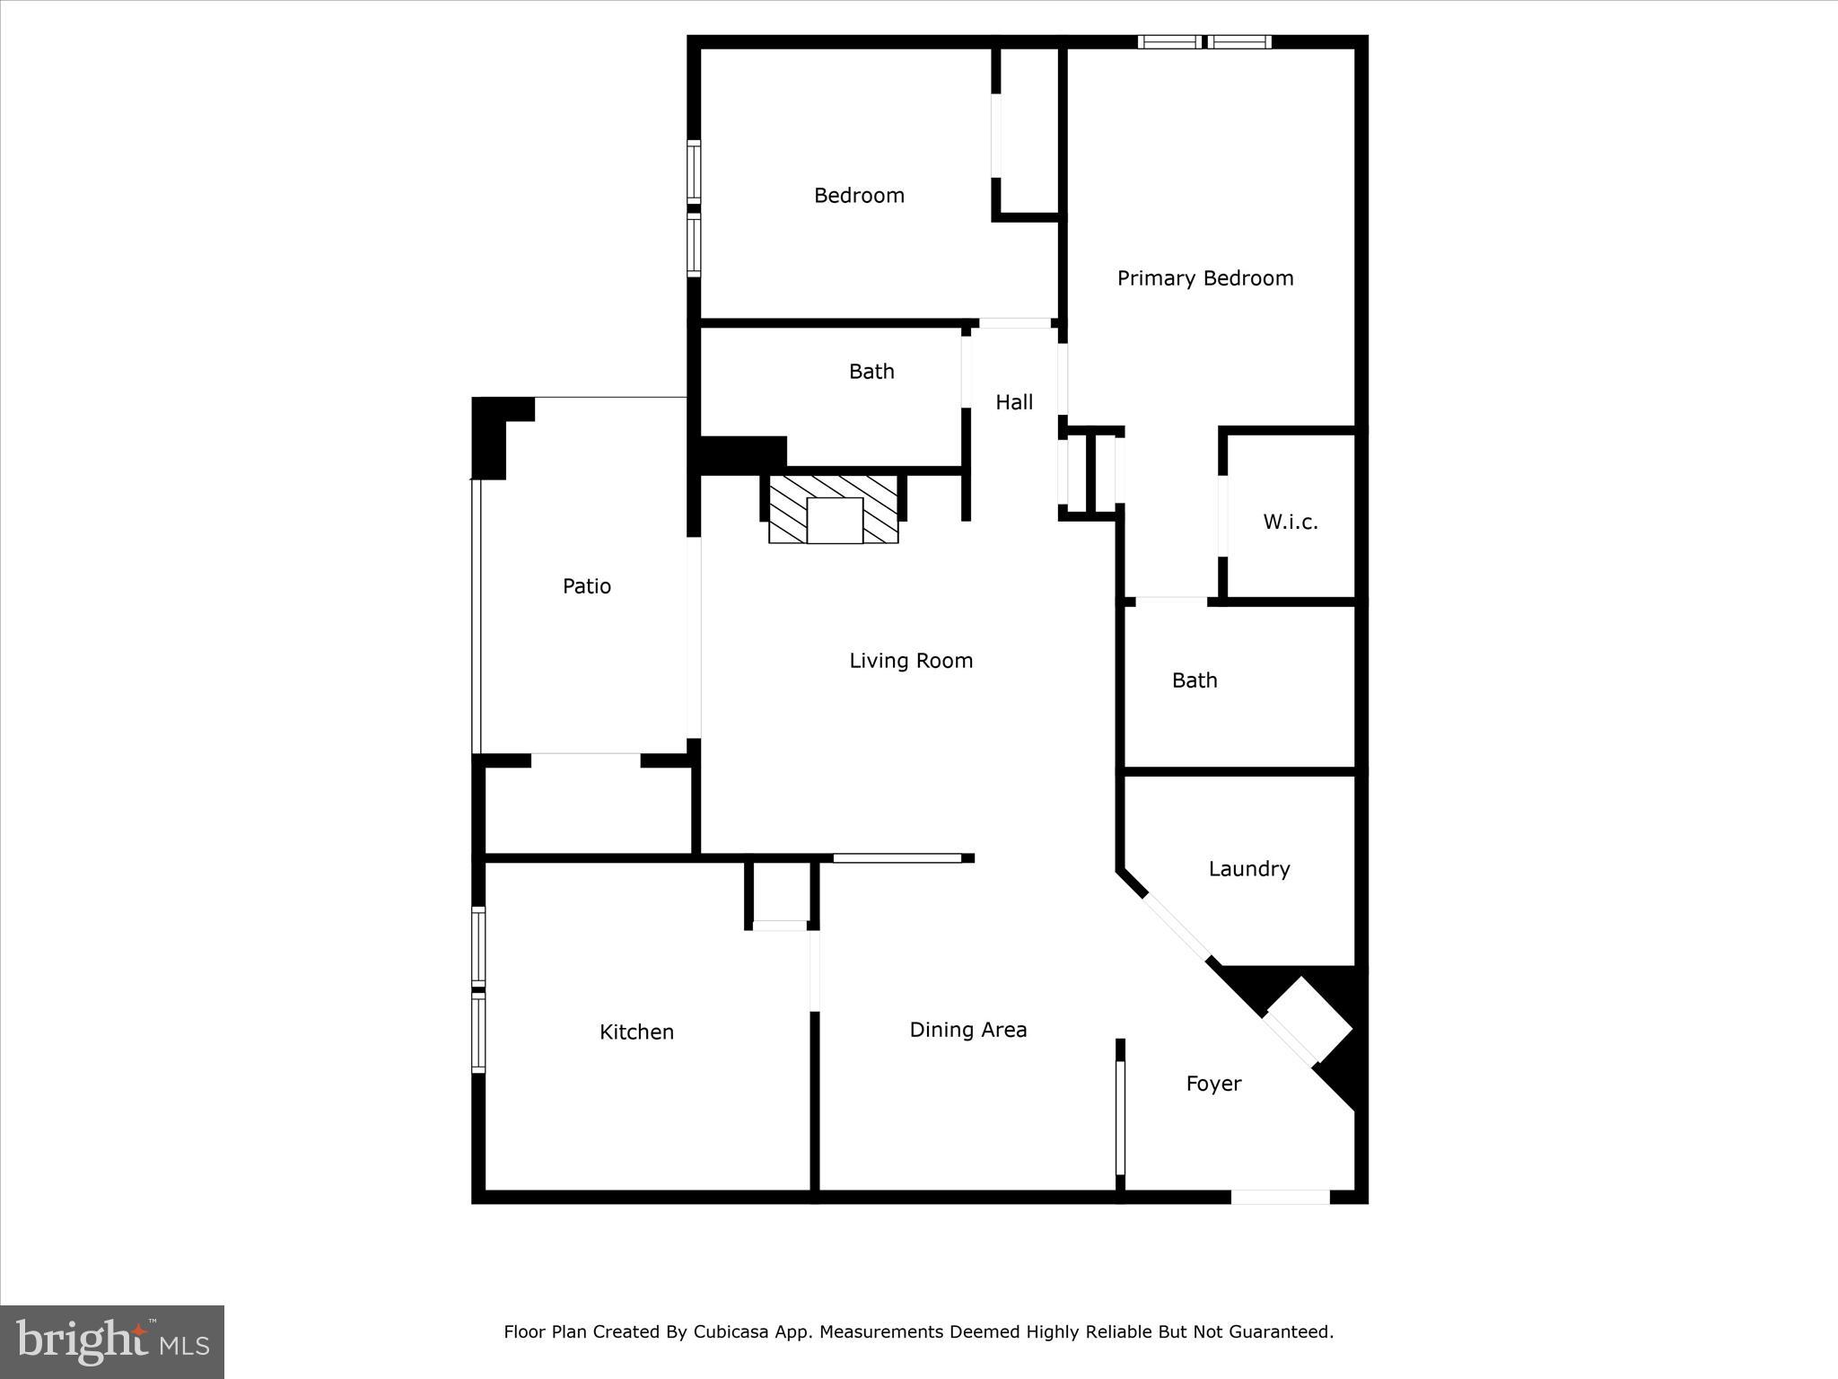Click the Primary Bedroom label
1204,278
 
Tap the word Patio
586,586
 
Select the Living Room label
911,661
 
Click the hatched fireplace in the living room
834,510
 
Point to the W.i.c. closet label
1290,523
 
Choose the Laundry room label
1248,869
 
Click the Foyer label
1213,1084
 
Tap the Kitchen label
636,1032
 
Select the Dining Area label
967,1030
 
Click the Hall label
1014,402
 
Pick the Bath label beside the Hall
871,372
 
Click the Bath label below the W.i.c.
1195,681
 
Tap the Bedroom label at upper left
859,196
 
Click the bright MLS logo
112,1341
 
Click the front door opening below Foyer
1280,1197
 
